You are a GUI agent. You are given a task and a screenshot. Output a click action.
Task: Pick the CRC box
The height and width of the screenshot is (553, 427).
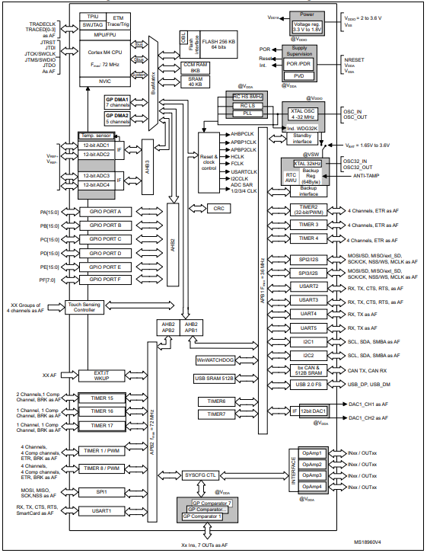pos(219,208)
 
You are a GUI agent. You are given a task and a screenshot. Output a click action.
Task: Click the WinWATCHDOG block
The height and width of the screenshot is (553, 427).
pos(216,360)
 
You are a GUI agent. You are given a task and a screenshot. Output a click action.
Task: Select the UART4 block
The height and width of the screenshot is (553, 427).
pos(308,314)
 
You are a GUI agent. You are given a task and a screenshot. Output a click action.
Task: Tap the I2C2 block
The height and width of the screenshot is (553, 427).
pos(308,356)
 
